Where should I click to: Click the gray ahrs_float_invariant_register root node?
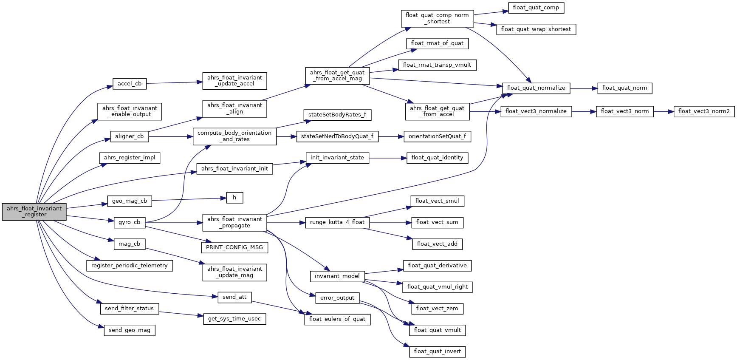tap(34, 212)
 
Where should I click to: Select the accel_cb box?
tap(130, 84)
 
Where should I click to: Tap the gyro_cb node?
tap(129, 222)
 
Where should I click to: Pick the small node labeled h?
tap(234, 198)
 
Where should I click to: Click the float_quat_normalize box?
tap(536, 88)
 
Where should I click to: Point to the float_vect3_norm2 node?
tap(703, 111)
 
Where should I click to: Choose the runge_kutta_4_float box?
tap(337, 222)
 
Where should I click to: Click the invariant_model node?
tap(337, 276)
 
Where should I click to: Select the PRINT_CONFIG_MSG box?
tap(234, 247)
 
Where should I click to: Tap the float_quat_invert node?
tap(437, 351)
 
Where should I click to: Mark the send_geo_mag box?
tap(130, 330)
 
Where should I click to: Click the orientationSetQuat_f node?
tap(437, 136)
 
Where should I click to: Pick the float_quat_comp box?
tap(536, 8)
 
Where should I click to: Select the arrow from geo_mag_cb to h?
tap(187, 199)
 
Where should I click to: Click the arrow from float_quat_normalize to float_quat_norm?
tap(584, 88)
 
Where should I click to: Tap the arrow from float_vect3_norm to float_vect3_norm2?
tap(664, 111)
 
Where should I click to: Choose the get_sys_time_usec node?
tap(234, 319)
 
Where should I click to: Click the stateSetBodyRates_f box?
tap(337, 115)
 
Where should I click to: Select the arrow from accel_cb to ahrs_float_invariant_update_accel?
tap(174, 83)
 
